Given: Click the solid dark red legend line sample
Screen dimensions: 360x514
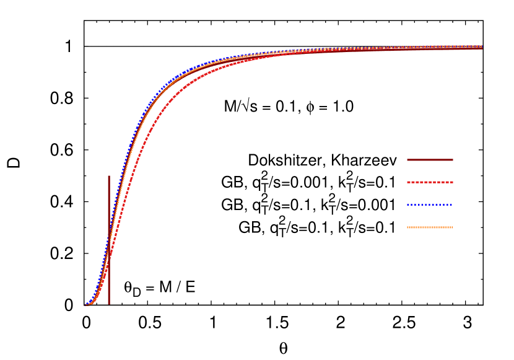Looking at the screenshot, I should click(430, 160).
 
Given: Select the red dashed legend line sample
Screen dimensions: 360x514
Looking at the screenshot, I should click(430, 182).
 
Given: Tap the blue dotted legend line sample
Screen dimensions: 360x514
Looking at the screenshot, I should click(430, 204).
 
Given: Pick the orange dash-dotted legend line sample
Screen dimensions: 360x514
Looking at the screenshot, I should click(430, 227).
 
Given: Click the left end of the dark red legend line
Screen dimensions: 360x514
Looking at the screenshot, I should click(407, 160).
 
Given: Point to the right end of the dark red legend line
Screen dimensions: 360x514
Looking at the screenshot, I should click(453, 160).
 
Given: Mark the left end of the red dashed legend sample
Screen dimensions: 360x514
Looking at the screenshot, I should click(407, 182).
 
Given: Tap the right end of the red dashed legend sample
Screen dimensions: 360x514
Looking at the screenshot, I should click(453, 182).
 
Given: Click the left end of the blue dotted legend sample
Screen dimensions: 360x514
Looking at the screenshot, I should click(407, 204).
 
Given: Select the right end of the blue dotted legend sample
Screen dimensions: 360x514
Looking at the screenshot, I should click(452, 204).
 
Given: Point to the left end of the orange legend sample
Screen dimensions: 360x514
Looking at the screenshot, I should click(407, 227).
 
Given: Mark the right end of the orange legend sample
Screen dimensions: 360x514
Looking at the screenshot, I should click(453, 227).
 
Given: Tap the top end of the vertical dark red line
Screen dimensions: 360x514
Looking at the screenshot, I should click(109, 176).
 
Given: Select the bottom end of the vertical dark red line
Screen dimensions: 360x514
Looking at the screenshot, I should click(109, 304).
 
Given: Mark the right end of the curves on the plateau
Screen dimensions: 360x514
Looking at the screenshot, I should click(481, 47).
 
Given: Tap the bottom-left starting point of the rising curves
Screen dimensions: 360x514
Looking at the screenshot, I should click(85, 305).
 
